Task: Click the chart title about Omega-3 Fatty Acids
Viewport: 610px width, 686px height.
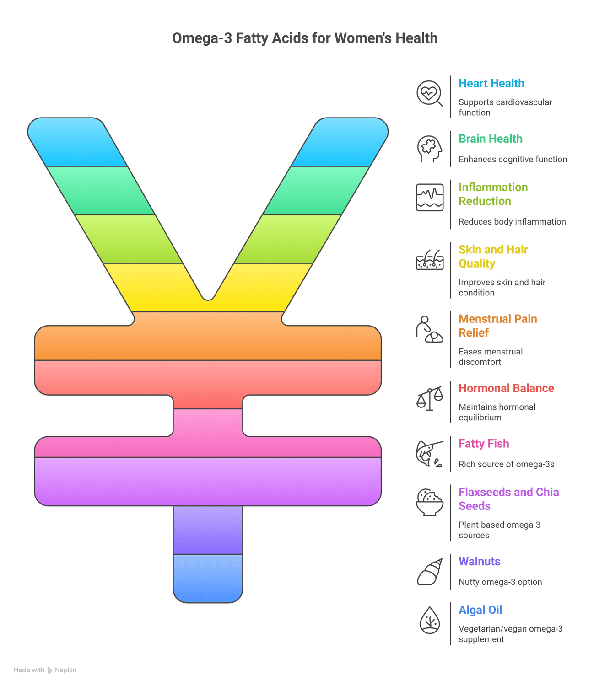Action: point(305,38)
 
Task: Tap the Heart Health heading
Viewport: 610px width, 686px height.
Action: point(491,83)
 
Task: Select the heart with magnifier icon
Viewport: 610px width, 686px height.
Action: point(429,93)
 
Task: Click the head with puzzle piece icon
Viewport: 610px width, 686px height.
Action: point(429,149)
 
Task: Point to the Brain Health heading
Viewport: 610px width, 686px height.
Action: point(490,139)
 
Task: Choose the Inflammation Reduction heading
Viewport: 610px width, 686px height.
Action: point(493,194)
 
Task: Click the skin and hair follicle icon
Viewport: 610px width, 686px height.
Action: point(429,260)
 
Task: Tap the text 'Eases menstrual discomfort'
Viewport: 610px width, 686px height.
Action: point(490,357)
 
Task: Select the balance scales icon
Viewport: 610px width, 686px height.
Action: point(429,398)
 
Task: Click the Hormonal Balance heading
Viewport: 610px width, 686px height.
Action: point(506,388)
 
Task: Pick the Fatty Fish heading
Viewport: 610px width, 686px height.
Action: point(484,444)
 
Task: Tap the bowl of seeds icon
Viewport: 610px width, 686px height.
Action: point(429,502)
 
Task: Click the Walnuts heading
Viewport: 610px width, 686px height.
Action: point(479,561)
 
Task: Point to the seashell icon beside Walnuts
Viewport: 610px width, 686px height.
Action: point(429,572)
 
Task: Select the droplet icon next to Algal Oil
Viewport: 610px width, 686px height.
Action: point(429,620)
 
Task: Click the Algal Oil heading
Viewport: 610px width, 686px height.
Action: point(480,610)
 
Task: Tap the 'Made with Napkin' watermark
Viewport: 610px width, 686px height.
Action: point(45,670)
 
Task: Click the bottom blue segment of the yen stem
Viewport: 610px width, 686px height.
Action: point(208,578)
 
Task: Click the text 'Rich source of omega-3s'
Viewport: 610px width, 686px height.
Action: point(506,464)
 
